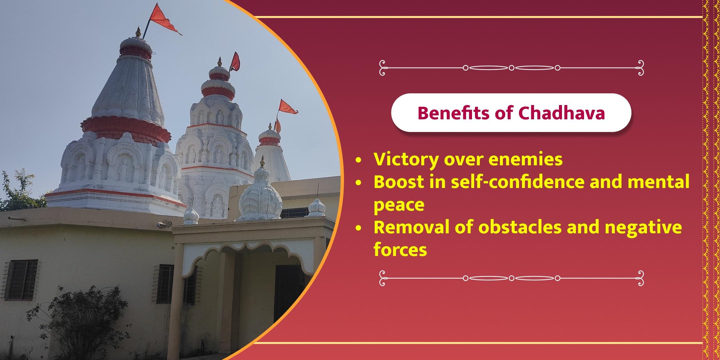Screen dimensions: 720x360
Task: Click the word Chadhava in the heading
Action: (562, 113)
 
